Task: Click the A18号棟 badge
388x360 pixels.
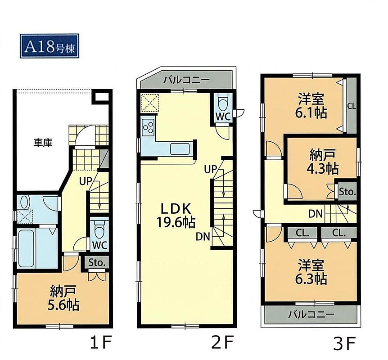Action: (49, 46)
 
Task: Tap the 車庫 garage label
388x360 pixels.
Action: (43, 143)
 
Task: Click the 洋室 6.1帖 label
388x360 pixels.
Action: (311, 106)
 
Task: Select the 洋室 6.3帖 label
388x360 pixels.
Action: (311, 272)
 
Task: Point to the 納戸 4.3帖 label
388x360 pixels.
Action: (322, 162)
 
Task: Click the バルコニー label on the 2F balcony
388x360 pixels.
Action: (187, 80)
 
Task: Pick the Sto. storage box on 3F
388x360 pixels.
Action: (347, 192)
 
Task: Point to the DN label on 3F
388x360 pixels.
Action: (316, 214)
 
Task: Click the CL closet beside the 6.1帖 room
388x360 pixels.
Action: (352, 106)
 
